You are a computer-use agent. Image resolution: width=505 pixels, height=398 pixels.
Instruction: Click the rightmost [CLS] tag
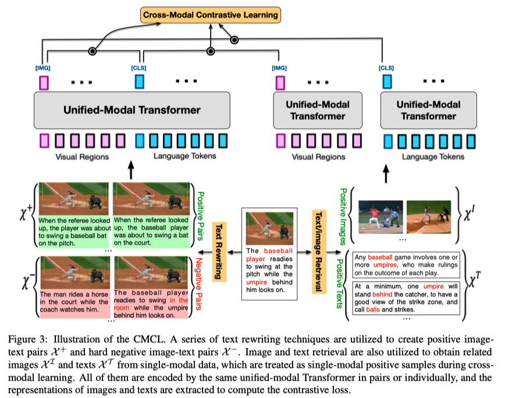tap(386, 68)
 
